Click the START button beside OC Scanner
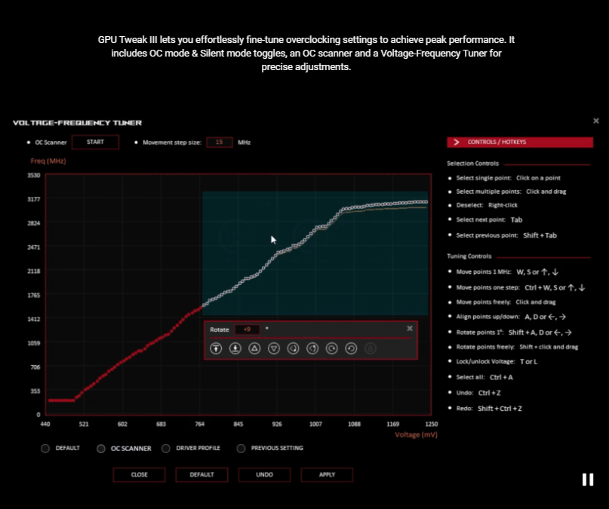click(x=95, y=142)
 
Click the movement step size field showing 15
click(x=220, y=142)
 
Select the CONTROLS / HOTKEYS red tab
click(x=519, y=142)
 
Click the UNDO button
click(x=264, y=474)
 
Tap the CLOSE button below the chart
click(x=139, y=474)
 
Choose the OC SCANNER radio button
click(x=101, y=449)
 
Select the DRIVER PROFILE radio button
click(x=167, y=449)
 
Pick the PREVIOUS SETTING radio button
click(x=241, y=449)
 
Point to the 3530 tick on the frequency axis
click(x=34, y=176)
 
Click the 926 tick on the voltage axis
click(x=277, y=424)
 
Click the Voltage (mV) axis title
click(x=415, y=434)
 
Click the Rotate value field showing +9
click(x=247, y=329)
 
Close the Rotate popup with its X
click(x=410, y=328)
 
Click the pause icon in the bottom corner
click(x=588, y=480)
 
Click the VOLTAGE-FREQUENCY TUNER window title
click(x=78, y=123)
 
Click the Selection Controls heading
click(x=472, y=164)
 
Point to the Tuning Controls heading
click(x=469, y=256)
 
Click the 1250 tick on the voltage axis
click(x=431, y=424)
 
